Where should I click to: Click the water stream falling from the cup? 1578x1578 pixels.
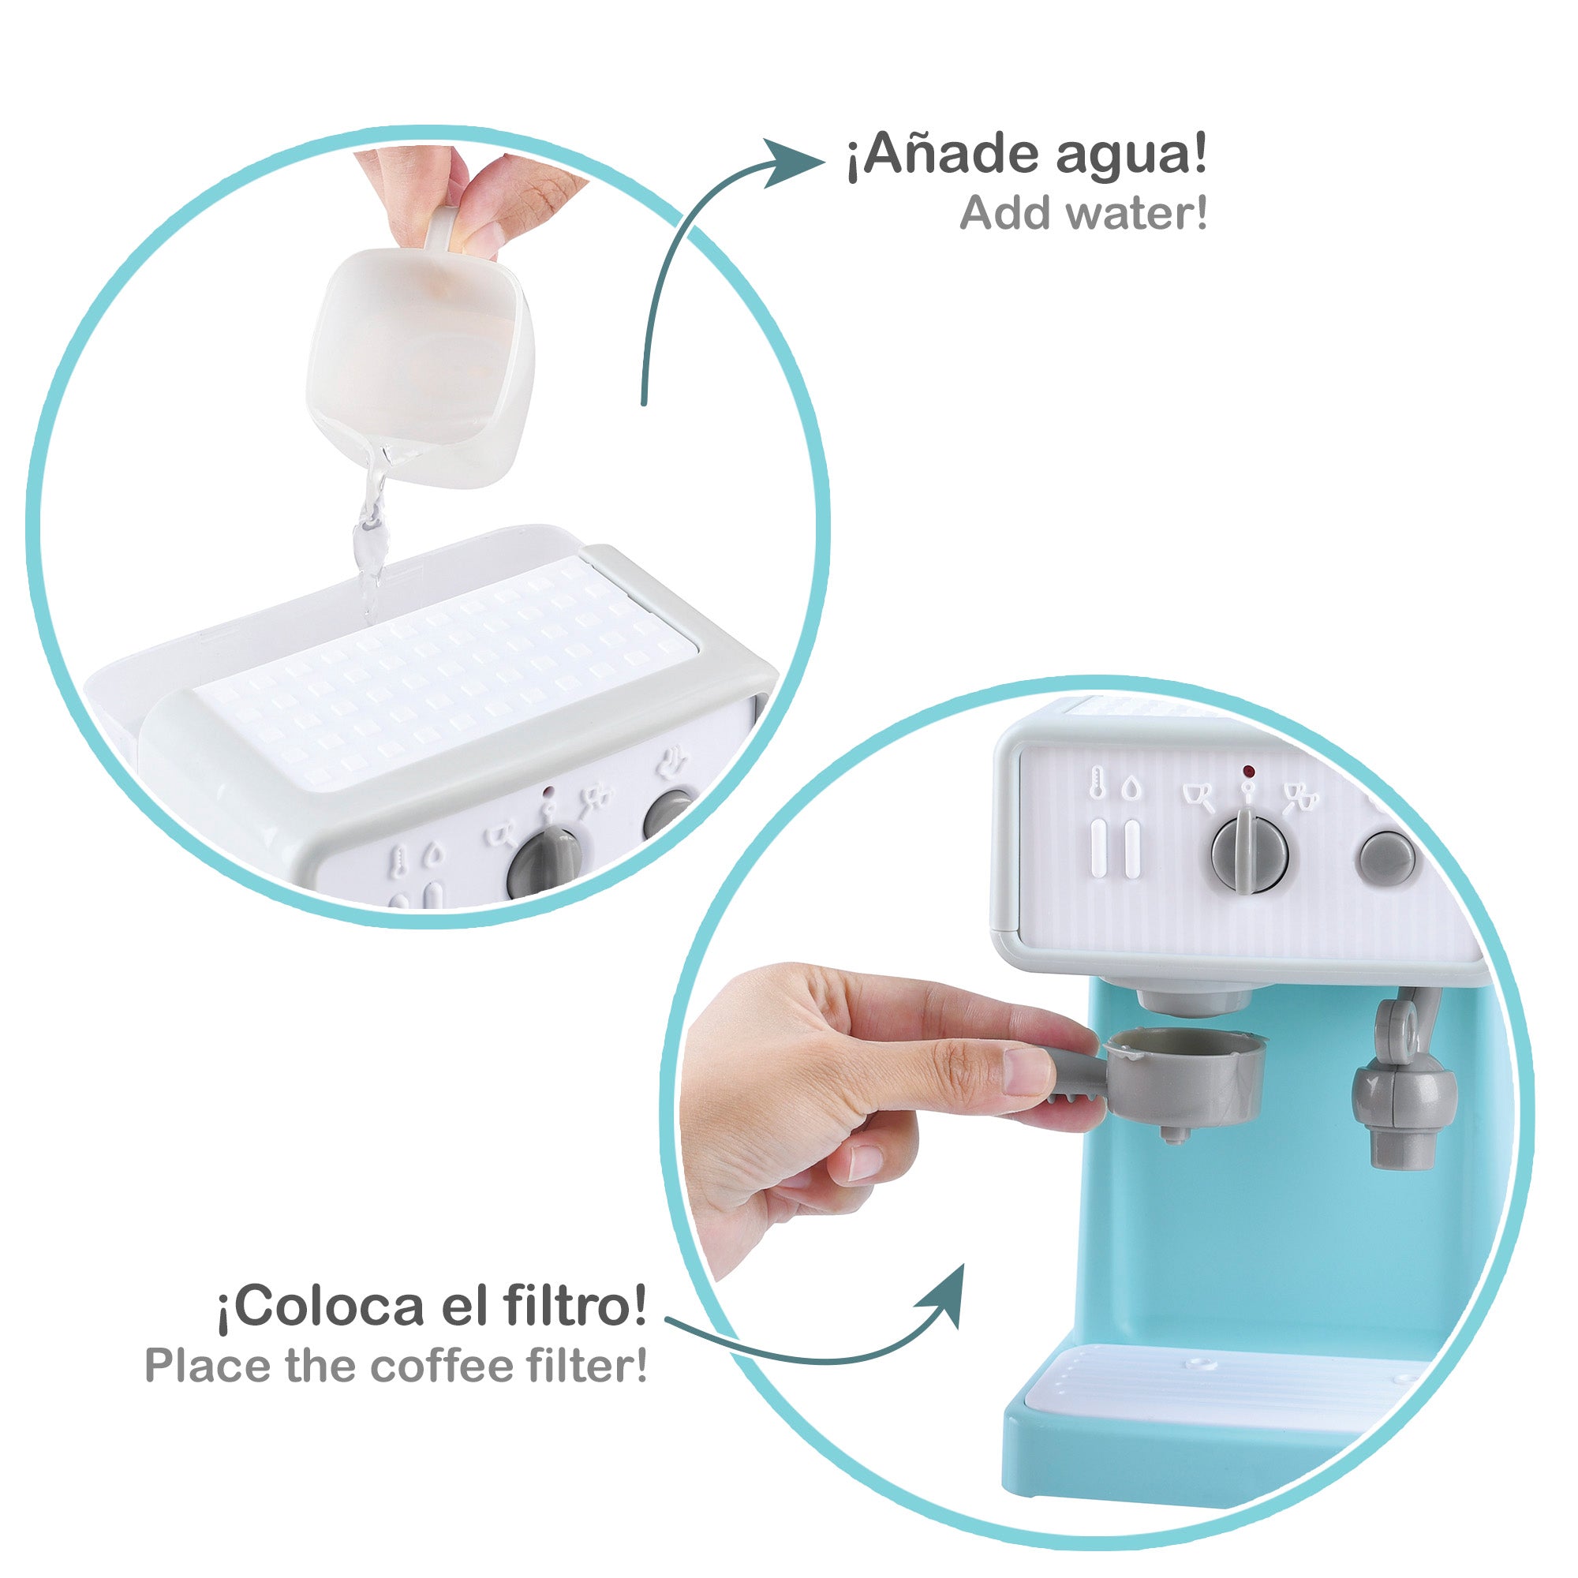tap(369, 539)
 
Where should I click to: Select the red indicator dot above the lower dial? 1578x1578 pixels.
tap(1247, 770)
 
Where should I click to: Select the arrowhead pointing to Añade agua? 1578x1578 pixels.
tap(791, 160)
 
